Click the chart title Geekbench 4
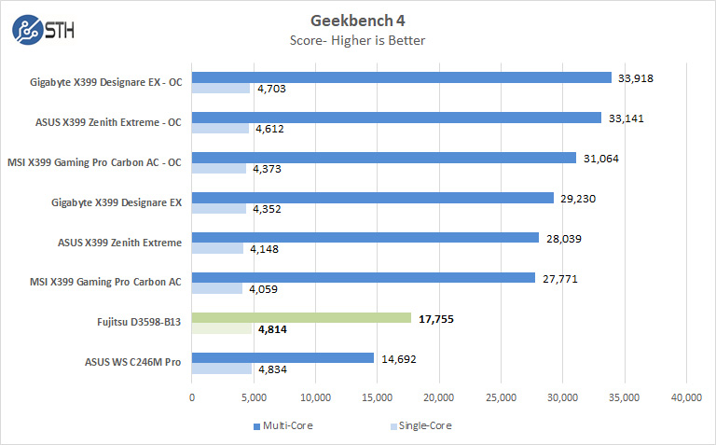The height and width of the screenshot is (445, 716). click(358, 20)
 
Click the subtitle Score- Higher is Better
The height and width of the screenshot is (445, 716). click(358, 39)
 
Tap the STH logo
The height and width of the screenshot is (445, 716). click(43, 29)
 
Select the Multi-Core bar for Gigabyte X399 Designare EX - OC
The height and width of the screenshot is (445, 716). click(401, 77)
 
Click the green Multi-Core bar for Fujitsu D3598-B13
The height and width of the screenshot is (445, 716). click(301, 318)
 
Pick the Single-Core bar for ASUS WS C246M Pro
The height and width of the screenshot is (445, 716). click(221, 369)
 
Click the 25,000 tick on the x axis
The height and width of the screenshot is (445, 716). click(501, 397)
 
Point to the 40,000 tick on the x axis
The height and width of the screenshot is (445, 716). click(686, 397)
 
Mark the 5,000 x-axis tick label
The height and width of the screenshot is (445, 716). click(254, 397)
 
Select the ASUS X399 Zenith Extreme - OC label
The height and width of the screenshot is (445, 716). click(109, 120)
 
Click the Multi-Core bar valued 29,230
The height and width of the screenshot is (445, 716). click(372, 198)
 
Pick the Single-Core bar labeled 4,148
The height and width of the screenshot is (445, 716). click(217, 248)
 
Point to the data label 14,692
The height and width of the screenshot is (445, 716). click(397, 358)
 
